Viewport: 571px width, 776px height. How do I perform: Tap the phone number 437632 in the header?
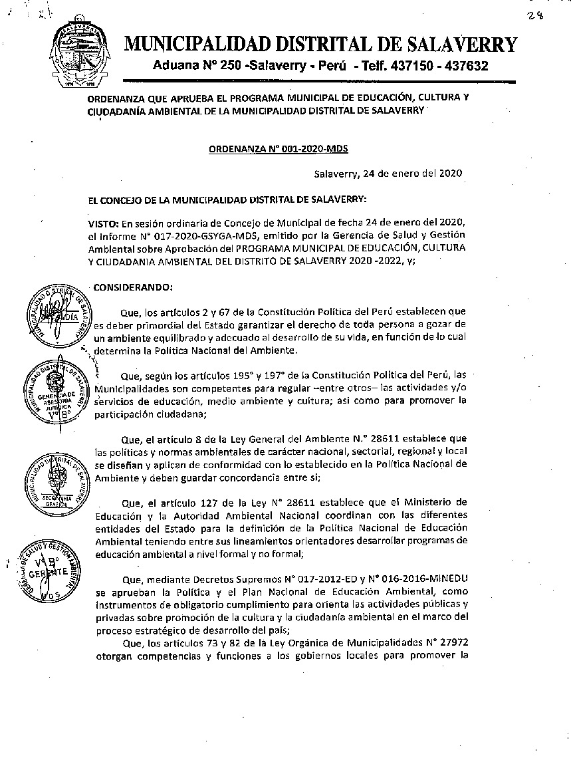[x=466, y=66]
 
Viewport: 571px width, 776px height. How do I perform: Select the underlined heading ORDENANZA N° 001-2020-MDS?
[x=279, y=150]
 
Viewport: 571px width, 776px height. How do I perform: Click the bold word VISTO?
[x=105, y=221]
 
